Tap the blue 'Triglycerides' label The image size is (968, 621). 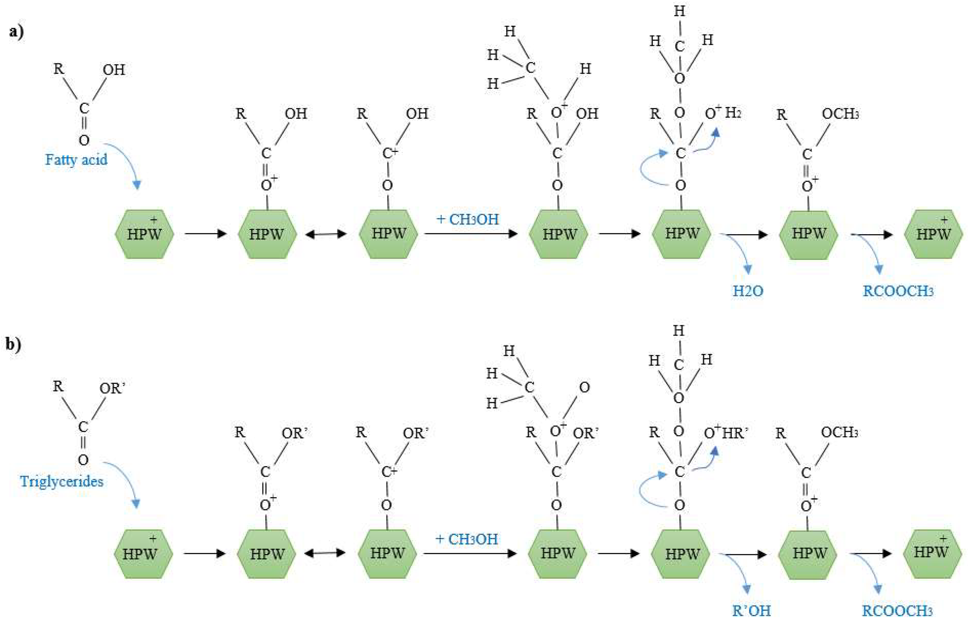pos(62,481)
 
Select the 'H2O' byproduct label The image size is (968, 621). pos(748,291)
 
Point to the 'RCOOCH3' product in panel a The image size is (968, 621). pos(898,291)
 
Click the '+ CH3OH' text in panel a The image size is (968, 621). pos(467,219)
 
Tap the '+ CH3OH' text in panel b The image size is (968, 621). pos(467,539)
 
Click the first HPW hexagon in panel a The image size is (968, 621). pos(144,234)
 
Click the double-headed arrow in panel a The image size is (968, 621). pos(326,234)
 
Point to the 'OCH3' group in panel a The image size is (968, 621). pos(840,114)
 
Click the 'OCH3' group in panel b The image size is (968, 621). pos(840,433)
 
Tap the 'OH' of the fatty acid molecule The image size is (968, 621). pos(114,70)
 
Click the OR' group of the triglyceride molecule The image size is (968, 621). pos(112,388)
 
